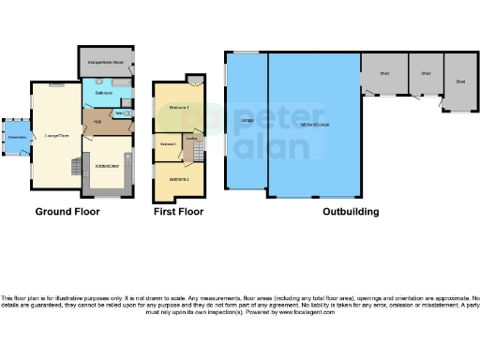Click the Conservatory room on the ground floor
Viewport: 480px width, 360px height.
click(x=17, y=137)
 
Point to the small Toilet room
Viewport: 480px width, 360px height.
click(x=120, y=112)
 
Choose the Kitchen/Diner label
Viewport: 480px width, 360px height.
click(x=106, y=165)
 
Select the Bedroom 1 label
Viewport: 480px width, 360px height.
click(x=179, y=109)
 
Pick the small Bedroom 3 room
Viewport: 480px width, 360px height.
click(x=168, y=144)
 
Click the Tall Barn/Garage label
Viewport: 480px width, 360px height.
click(x=314, y=124)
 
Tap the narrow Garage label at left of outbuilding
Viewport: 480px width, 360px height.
click(x=247, y=121)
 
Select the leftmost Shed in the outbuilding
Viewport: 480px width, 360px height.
click(x=384, y=73)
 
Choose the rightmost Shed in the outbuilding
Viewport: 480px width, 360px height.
click(x=460, y=82)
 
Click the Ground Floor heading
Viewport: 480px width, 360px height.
click(x=67, y=212)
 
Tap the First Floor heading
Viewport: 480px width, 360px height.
click(x=178, y=212)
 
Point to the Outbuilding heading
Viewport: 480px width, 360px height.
click(x=351, y=212)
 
